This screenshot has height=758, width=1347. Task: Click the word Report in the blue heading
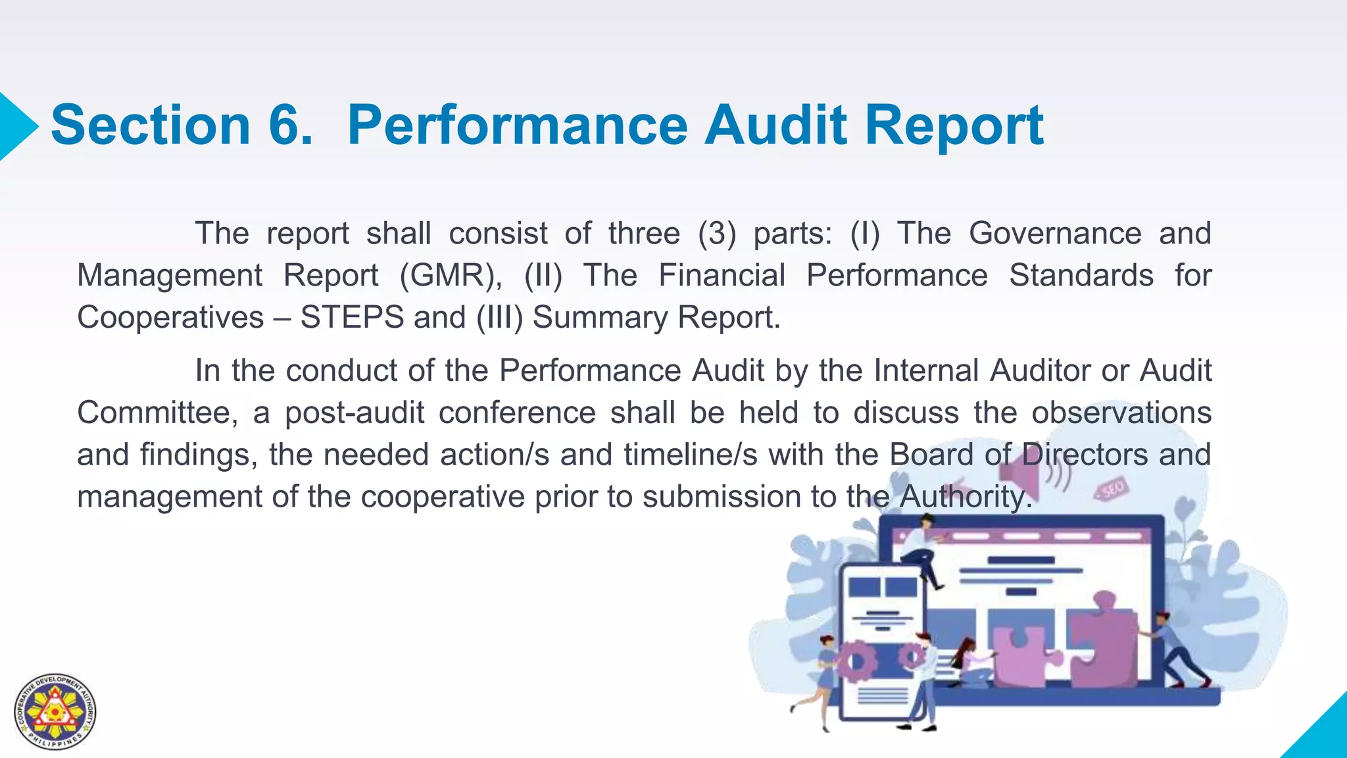(954, 126)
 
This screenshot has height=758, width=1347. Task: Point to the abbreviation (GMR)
(451, 276)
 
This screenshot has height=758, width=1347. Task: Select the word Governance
(1055, 234)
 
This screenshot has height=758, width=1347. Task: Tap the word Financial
(722, 275)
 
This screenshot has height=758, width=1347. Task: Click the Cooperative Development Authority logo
(55, 712)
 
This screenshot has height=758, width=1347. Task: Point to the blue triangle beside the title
(16, 126)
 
